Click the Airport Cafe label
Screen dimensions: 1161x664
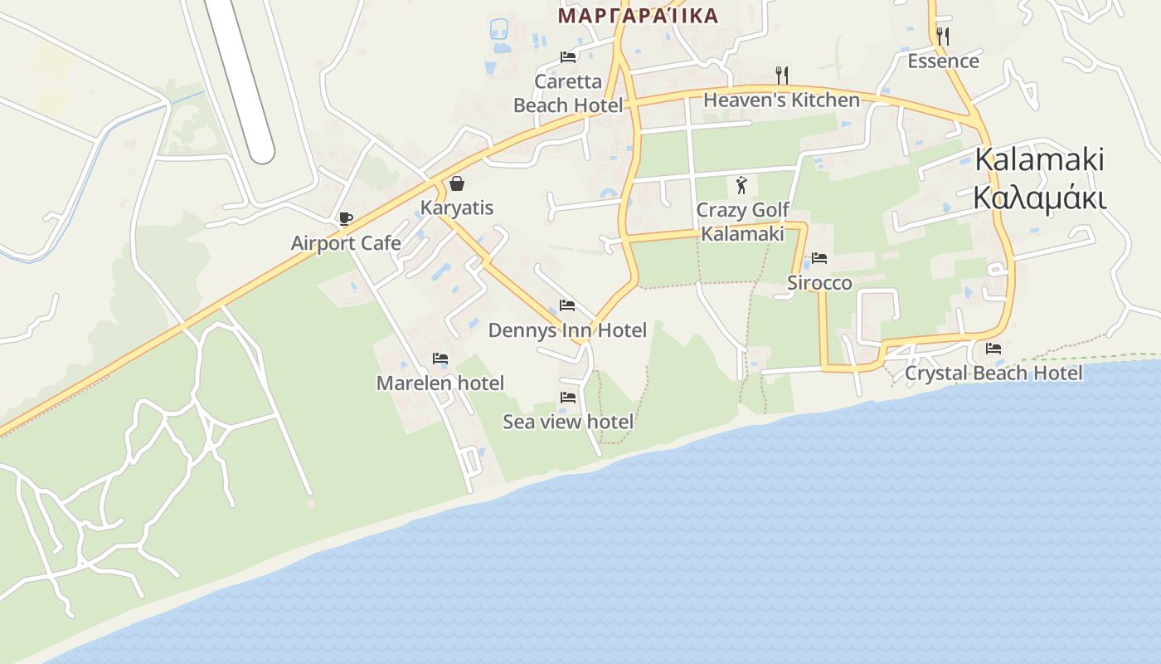click(346, 243)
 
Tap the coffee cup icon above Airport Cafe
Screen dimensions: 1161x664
click(346, 219)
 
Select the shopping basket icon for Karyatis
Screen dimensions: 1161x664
click(457, 183)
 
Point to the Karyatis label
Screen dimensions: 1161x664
click(457, 207)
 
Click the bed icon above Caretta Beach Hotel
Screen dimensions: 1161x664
click(568, 57)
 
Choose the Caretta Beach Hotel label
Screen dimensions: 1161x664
click(568, 94)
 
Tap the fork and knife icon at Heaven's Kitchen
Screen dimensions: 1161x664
click(781, 76)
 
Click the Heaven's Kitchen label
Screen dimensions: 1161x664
click(781, 100)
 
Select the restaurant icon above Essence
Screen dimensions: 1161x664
click(942, 37)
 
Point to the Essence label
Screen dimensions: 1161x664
click(943, 61)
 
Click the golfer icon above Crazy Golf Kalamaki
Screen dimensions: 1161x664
click(741, 185)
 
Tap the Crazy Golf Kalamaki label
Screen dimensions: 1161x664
click(742, 222)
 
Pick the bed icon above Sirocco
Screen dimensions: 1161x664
click(819, 258)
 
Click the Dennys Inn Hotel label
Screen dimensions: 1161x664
click(567, 330)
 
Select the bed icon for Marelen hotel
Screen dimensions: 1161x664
click(440, 359)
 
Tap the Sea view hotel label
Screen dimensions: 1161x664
click(568, 422)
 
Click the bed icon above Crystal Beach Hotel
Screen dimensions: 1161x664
click(993, 349)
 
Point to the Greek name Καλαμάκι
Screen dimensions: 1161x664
click(1040, 199)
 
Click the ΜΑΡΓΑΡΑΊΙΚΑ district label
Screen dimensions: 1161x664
click(638, 16)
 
